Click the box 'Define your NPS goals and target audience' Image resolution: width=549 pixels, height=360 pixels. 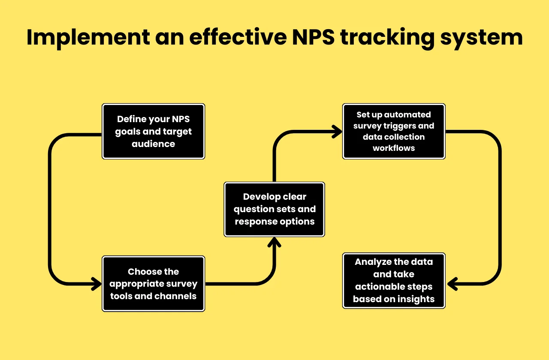click(x=154, y=132)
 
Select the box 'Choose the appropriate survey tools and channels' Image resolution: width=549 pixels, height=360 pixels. click(x=154, y=284)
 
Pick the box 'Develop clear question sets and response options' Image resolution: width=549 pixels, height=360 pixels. click(x=274, y=209)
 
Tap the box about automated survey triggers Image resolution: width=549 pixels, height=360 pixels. click(x=394, y=132)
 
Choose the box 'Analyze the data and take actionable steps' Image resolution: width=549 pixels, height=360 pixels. click(x=394, y=281)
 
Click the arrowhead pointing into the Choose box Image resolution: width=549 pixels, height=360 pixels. click(x=97, y=284)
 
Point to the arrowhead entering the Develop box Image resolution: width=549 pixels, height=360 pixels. click(x=274, y=243)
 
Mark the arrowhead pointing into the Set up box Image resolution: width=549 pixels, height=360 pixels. click(x=337, y=132)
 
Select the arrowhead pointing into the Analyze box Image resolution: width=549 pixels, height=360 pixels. click(x=452, y=284)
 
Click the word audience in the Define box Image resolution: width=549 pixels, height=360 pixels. click(x=154, y=144)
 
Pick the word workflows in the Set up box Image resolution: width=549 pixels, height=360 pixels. click(x=394, y=148)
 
